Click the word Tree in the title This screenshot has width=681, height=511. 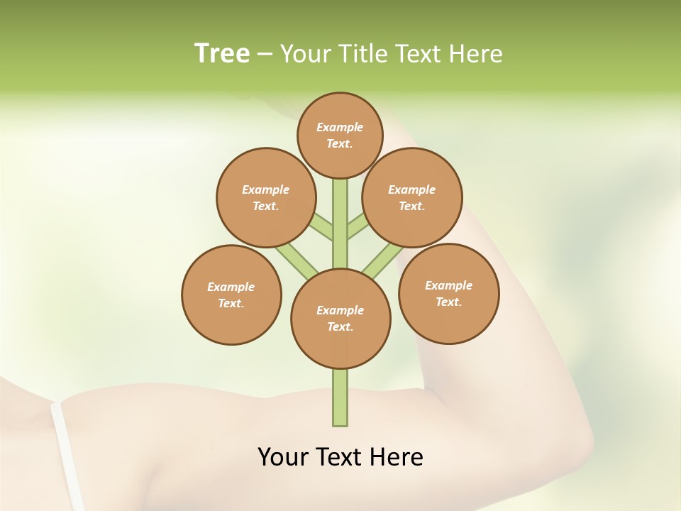click(222, 54)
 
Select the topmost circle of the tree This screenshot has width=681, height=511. click(340, 135)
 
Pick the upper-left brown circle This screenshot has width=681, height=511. click(265, 198)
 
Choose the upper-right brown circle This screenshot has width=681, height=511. click(412, 198)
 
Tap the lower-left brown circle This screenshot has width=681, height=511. click(231, 295)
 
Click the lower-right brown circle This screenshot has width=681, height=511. click(448, 293)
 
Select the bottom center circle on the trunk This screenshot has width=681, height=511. click(340, 319)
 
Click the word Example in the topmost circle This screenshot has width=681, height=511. click(340, 127)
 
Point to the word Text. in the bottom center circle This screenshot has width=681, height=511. click(340, 327)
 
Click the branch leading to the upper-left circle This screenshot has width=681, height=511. click(321, 226)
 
